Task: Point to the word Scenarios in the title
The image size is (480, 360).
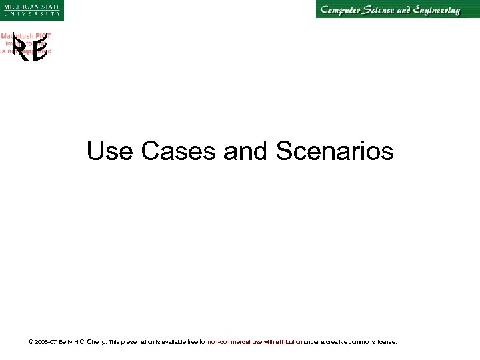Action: pos(333,151)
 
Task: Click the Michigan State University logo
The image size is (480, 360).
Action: pos(31,10)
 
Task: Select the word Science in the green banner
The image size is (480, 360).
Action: pos(392,10)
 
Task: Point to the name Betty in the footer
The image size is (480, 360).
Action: pos(67,342)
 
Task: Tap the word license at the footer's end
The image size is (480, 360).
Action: pos(385,342)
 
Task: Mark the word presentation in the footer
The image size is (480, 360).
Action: pos(150,342)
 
